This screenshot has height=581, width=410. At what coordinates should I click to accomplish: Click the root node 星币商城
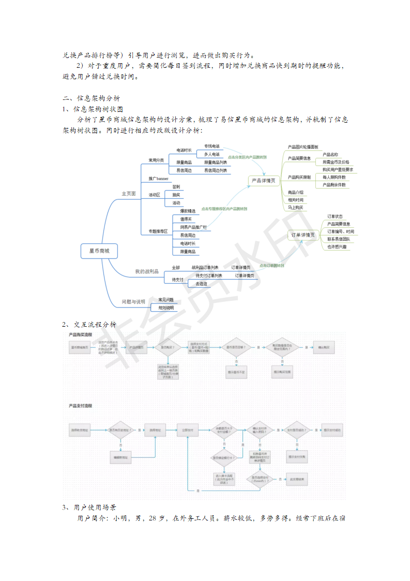pyautogui.click(x=99, y=251)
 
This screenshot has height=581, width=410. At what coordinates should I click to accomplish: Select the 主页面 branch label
pyautogui.click(x=128, y=194)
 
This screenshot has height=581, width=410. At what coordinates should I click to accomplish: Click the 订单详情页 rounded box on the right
pyautogui.click(x=303, y=235)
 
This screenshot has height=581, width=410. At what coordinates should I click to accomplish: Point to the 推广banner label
pyautogui.click(x=159, y=179)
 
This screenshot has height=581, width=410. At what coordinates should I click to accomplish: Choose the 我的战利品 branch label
pyautogui.click(x=146, y=271)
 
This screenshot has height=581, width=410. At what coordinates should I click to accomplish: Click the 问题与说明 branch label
pyautogui.click(x=133, y=301)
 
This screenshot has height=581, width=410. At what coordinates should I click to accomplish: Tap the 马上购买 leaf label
pyautogui.click(x=296, y=208)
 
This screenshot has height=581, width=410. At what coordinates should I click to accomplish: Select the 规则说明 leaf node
pyautogui.click(x=166, y=308)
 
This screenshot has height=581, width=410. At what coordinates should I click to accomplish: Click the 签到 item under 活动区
pyautogui.click(x=176, y=186)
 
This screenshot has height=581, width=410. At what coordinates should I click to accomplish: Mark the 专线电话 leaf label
pyautogui.click(x=211, y=146)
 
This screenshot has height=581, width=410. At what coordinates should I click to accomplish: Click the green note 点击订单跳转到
pyautogui.click(x=271, y=266)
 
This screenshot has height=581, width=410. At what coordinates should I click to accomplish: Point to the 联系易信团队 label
pyautogui.click(x=338, y=239)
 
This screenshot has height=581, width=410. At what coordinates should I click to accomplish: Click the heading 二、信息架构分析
pyautogui.click(x=92, y=98)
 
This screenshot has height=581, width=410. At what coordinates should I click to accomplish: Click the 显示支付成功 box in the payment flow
pyautogui.click(x=331, y=430)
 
